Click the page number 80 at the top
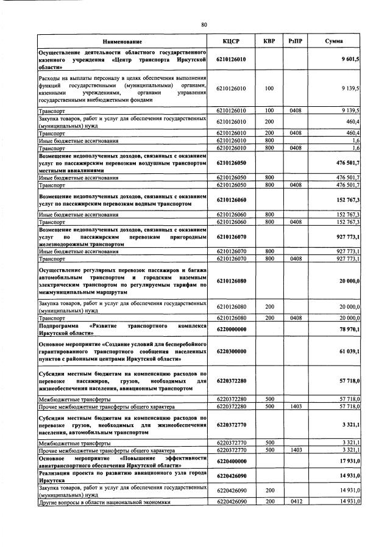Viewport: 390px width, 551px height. click(x=204, y=24)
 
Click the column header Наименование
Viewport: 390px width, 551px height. click(x=122, y=41)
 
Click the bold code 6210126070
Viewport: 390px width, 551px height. click(x=234, y=235)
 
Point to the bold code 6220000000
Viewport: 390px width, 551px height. click(x=234, y=329)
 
